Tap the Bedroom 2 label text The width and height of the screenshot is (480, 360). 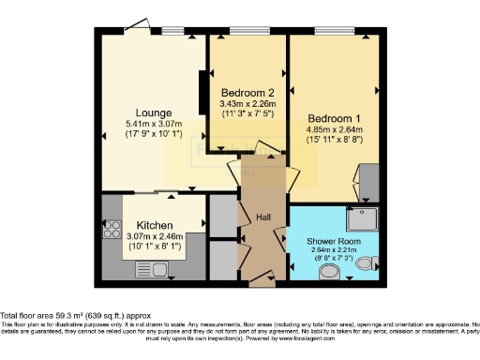click(x=247, y=92)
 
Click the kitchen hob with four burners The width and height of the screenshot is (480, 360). click(x=111, y=229)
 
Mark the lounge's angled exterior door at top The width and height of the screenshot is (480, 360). click(x=140, y=26)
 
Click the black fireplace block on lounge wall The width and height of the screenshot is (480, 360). click(x=202, y=91)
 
